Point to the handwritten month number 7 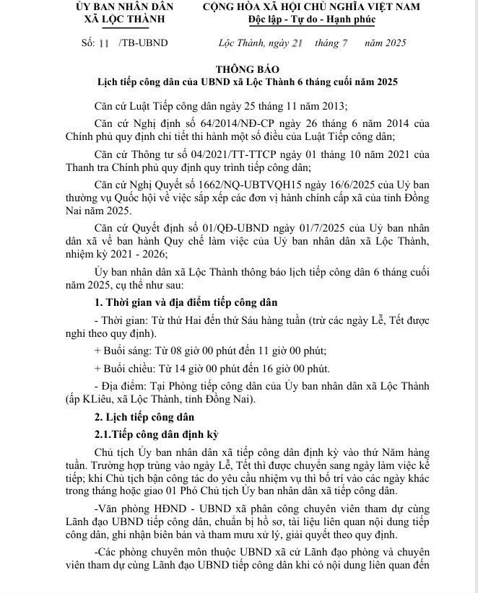(x=344, y=43)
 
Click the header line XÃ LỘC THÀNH (x=119, y=18)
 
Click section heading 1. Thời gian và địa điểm (x=186, y=302)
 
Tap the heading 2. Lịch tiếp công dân (x=144, y=416)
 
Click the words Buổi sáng (x=122, y=351)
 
